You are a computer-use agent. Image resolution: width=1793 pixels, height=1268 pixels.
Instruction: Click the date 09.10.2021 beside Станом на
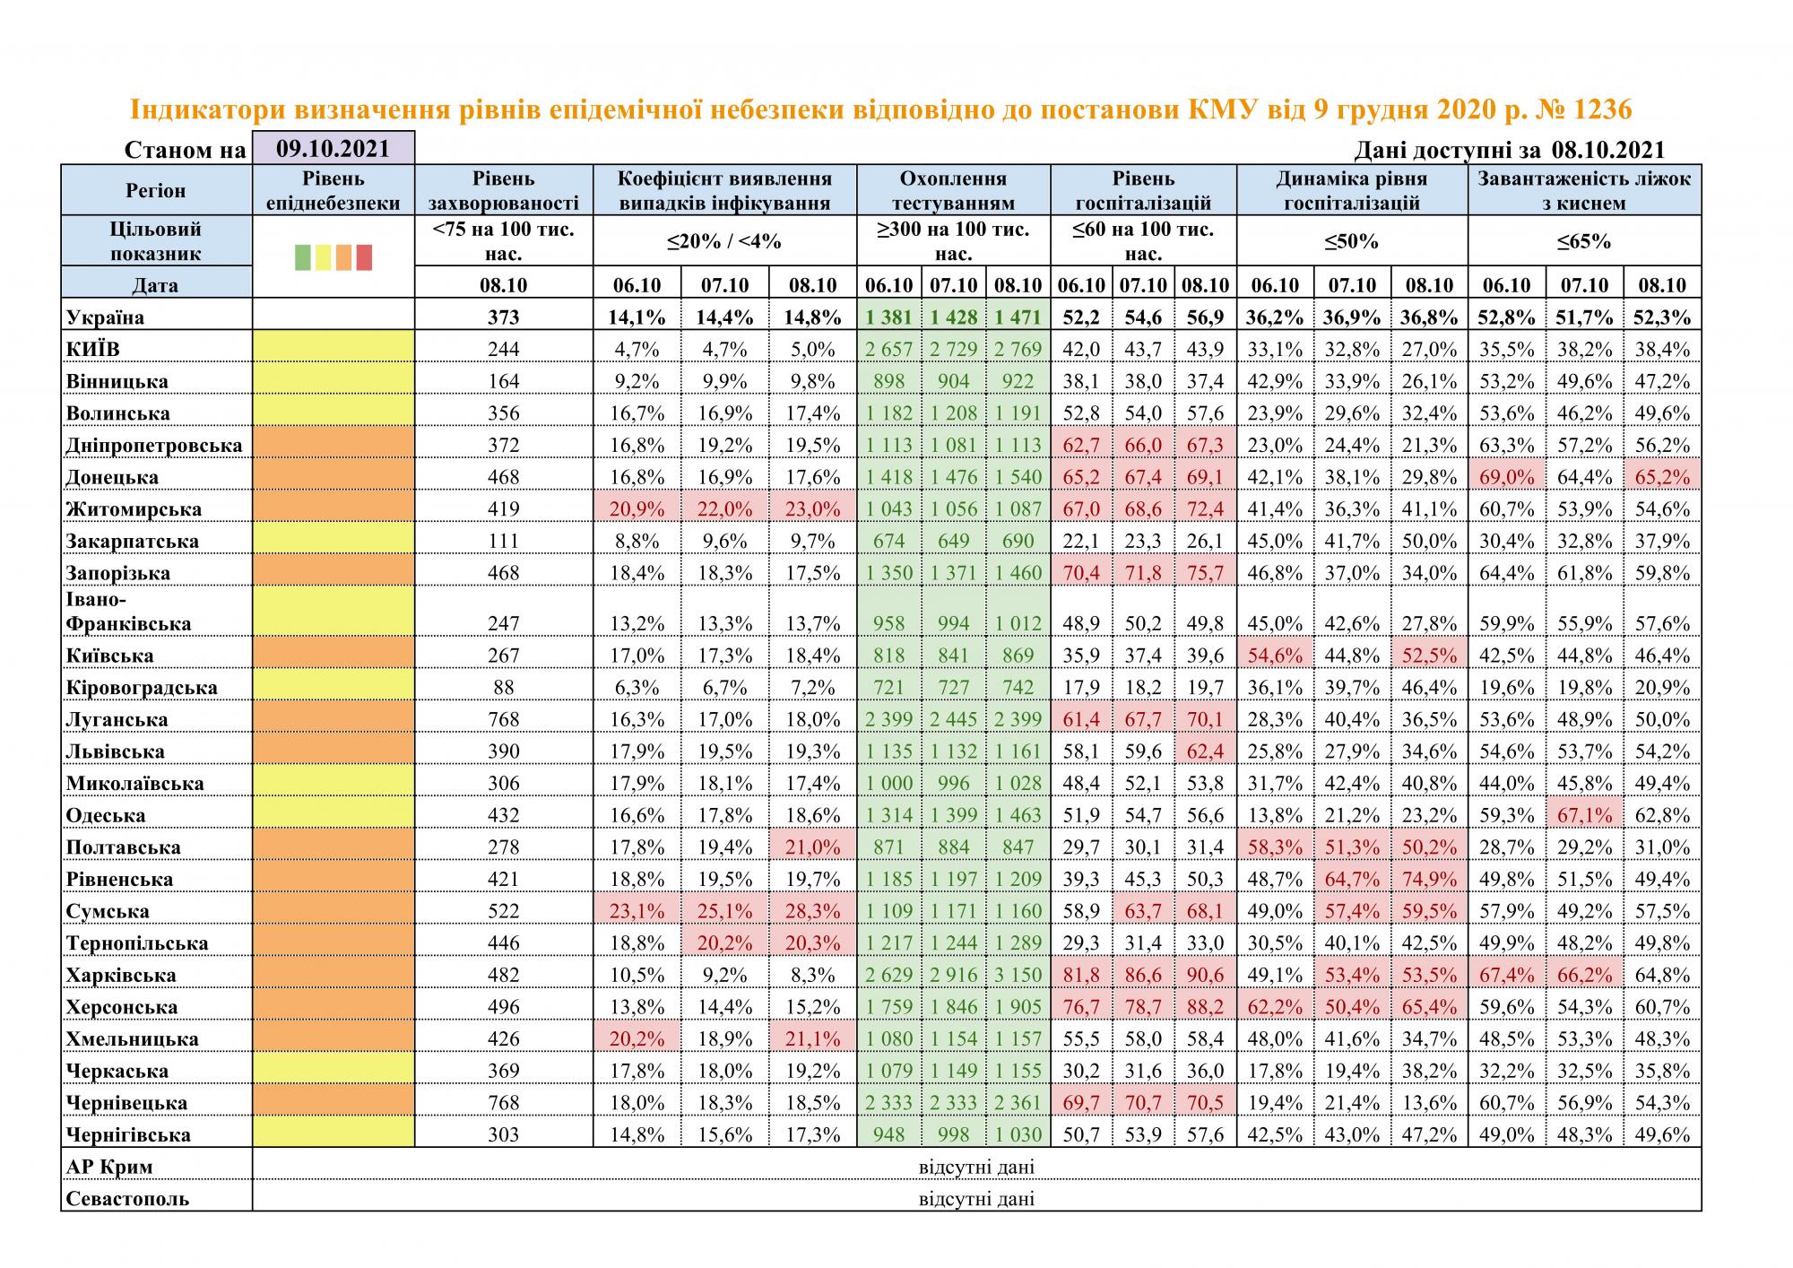pos(333,148)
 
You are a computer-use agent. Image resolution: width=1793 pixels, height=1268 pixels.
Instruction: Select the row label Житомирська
pos(134,509)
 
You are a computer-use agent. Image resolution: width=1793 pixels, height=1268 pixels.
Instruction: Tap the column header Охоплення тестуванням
pos(953,190)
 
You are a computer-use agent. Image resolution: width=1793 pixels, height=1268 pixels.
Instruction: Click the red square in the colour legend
pos(364,257)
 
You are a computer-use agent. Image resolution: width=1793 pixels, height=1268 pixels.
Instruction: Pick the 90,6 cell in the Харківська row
pos(1205,975)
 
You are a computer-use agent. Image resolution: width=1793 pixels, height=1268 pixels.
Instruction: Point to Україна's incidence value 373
pos(504,317)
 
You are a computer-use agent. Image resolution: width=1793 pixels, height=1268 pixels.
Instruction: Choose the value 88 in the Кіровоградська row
pos(504,688)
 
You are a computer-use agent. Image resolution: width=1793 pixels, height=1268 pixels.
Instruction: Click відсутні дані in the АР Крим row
pos(976,1167)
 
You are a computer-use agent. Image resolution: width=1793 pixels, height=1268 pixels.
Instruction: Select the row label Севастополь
pos(127,1199)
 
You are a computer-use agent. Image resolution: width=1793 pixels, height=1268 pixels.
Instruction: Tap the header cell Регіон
pos(156,190)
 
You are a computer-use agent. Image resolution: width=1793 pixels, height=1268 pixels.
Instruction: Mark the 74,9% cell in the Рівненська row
pos(1429,879)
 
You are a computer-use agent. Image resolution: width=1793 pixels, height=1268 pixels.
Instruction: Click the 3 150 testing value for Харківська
pos(1018,975)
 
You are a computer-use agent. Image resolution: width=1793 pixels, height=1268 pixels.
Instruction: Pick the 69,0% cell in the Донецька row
pos(1506,477)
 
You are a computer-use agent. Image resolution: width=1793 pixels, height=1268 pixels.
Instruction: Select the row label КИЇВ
pos(93,349)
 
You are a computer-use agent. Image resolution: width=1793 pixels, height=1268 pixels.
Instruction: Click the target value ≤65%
pos(1584,241)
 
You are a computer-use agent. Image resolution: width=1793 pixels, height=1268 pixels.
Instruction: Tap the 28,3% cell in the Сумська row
pos(812,911)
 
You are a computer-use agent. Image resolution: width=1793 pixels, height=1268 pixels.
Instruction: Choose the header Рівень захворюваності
pos(504,190)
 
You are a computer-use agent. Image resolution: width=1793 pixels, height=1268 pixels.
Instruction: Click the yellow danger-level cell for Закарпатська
pos(333,541)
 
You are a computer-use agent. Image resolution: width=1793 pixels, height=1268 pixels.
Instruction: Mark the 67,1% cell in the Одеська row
pos(1584,815)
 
